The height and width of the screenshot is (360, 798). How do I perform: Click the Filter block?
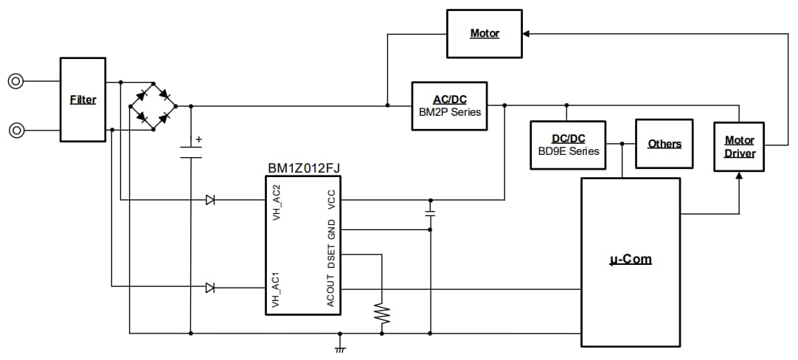coord(83,100)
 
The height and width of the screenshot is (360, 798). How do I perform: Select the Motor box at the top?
coord(485,34)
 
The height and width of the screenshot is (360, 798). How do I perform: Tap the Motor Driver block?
coord(739,147)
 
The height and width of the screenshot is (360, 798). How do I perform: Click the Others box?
coord(664,144)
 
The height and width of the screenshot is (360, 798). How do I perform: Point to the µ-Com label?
coord(631,260)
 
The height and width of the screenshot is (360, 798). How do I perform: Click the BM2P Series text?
coord(450,112)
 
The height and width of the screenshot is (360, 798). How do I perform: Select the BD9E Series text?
coord(568,151)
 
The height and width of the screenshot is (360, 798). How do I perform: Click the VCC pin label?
coord(331,200)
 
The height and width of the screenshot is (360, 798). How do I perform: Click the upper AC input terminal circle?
coord(15,82)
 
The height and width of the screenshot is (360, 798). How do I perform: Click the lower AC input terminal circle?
coord(15,131)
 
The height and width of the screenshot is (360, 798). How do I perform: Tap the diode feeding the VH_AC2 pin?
coord(210,200)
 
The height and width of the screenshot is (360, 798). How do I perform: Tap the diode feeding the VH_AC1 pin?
coord(210,288)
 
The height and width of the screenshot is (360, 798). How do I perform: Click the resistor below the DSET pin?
coord(382,313)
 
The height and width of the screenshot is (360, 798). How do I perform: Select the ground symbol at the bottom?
coord(340,346)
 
